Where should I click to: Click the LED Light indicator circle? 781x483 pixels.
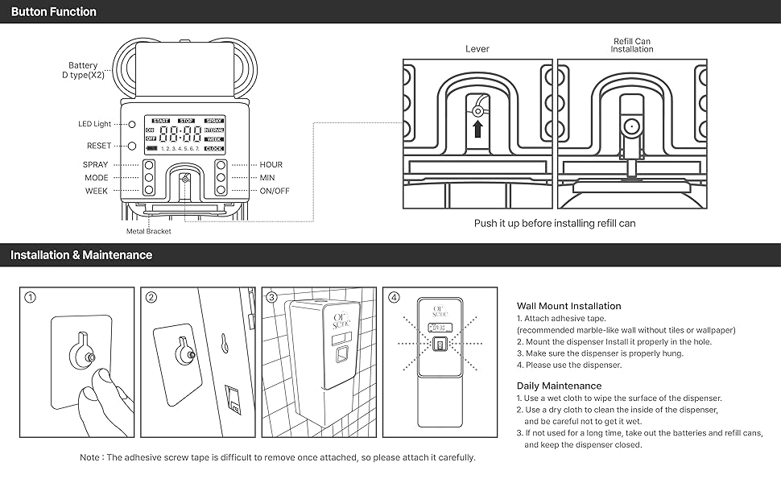pos(130,125)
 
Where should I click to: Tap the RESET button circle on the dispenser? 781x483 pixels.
pos(130,146)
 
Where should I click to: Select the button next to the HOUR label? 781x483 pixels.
pos(221,165)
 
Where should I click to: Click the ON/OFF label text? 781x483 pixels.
pos(275,191)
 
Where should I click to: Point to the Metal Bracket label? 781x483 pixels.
pos(149,231)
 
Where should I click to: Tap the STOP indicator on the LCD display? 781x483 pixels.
pos(187,122)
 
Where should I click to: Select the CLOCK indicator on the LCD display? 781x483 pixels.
pos(214,149)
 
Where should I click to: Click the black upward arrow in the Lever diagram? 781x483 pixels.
pos(477,129)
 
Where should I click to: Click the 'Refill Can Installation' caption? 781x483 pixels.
pos(632,45)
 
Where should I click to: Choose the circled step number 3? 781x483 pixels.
pos(271,297)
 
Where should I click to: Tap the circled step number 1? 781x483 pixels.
pos(30,297)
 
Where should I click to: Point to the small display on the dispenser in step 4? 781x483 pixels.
pos(440,328)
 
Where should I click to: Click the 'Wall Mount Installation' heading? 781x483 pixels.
pos(568,306)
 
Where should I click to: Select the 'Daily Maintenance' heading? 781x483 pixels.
pos(559,386)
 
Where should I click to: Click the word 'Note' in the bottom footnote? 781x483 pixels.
pos(90,457)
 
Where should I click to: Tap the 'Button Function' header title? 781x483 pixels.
pos(53,12)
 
